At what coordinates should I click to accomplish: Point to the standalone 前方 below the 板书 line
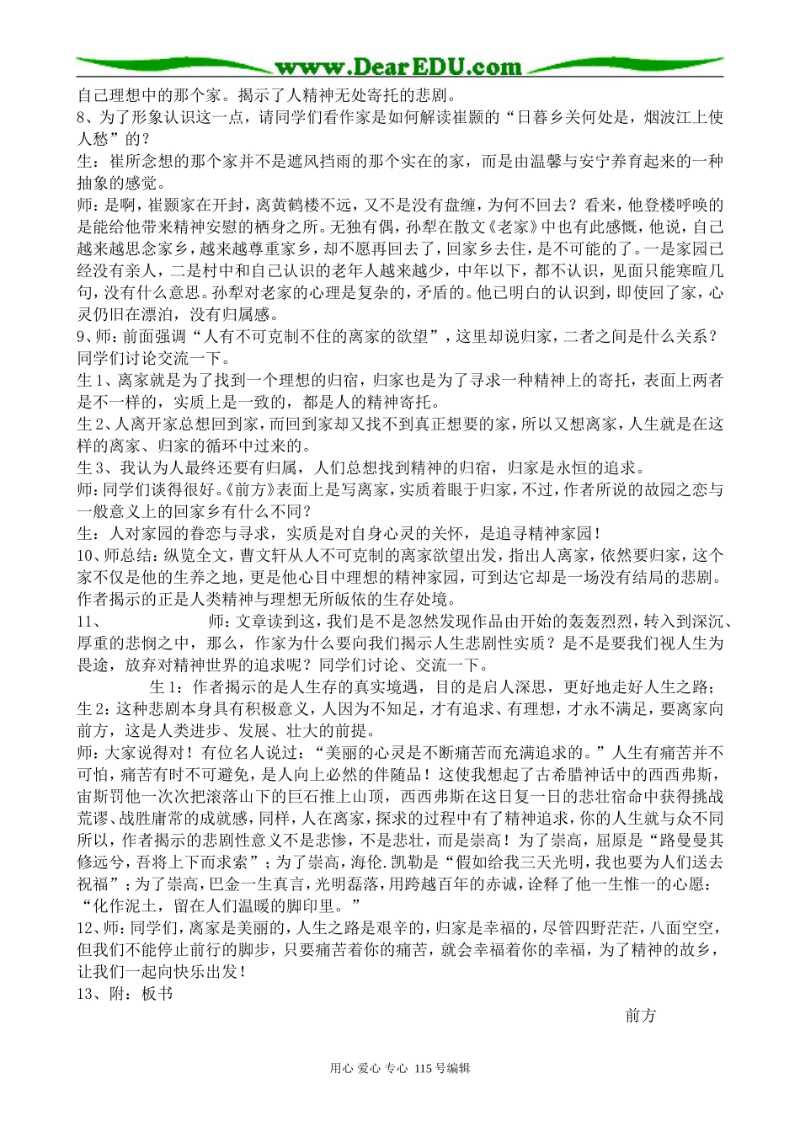pyautogui.click(x=641, y=1016)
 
